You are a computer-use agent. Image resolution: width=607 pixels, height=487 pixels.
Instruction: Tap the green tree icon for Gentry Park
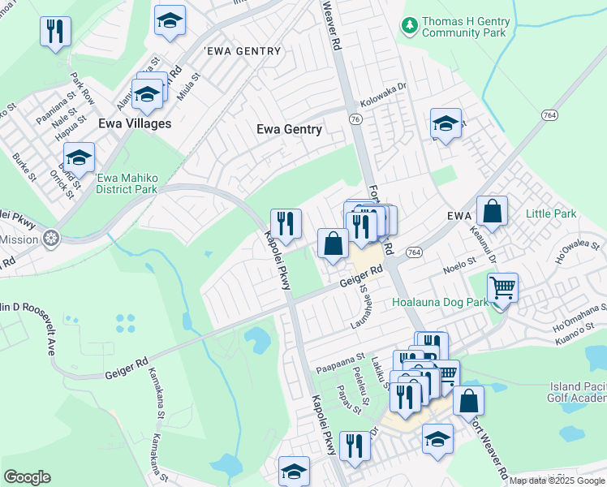coord(411,27)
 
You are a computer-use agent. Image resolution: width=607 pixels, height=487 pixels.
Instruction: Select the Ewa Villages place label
coord(135,123)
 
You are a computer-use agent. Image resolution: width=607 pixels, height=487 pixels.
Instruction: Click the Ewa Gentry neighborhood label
coord(289,129)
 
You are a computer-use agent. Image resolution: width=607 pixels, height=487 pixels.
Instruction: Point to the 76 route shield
coord(354,119)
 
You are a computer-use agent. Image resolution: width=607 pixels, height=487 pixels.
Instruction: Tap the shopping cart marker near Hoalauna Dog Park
coord(503,287)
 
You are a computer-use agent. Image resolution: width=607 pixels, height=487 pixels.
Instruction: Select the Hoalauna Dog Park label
coord(439,302)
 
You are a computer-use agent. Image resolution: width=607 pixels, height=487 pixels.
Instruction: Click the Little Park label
coord(551,213)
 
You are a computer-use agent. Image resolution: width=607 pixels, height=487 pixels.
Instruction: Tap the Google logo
coord(28,476)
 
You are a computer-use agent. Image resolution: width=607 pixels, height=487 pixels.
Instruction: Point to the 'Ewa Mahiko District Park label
coord(127,184)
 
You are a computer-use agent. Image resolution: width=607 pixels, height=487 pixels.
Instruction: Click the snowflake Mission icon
coord(51,239)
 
